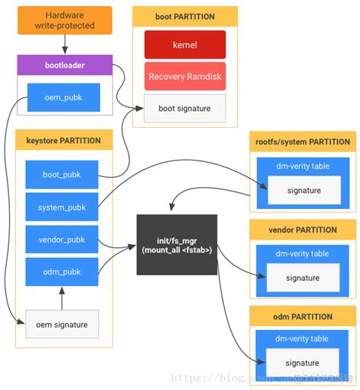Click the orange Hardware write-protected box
[65, 21]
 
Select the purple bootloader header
[65, 65]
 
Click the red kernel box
[185, 45]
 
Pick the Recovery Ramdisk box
[185, 77]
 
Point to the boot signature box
[185, 108]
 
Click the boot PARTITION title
[185, 16]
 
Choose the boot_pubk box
[62, 174]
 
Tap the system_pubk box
[62, 207]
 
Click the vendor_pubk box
[62, 239]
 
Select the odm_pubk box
[62, 271]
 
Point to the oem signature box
[62, 325]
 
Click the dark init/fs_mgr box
[176, 246]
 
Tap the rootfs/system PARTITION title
[302, 141]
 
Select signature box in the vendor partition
[302, 278]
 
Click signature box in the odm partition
[302, 363]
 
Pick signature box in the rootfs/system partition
[302, 191]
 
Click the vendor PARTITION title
[302, 229]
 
